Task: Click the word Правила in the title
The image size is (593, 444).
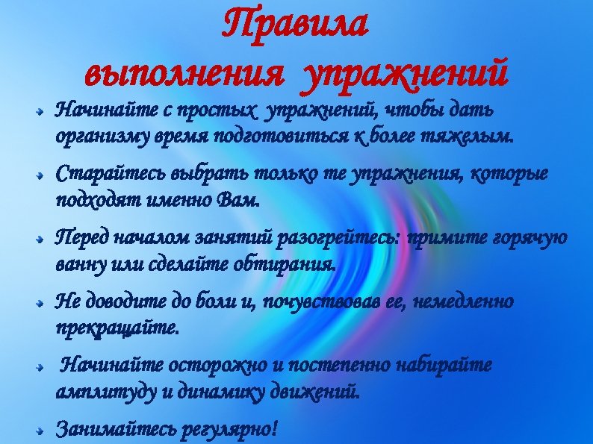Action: [x=295, y=25]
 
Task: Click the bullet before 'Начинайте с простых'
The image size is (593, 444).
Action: [x=46, y=114]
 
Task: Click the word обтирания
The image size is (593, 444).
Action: [x=294, y=263]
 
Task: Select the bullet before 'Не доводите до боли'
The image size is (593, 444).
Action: [x=46, y=304]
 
